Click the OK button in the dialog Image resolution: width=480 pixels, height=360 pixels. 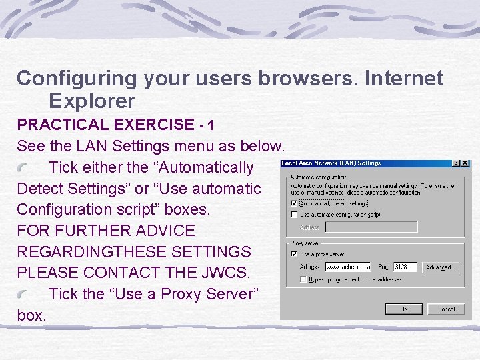[x=404, y=309]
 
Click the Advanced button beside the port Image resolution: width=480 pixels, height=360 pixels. [x=441, y=267]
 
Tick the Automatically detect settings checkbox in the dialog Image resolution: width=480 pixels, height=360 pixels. [x=294, y=203]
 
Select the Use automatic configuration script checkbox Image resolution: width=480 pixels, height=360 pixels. [x=294, y=215]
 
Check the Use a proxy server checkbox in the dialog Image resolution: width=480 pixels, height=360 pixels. [x=294, y=254]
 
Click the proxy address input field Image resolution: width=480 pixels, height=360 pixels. [x=347, y=267]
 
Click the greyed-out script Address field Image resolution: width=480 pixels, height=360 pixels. [x=371, y=227]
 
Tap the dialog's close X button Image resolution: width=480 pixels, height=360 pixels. [x=465, y=163]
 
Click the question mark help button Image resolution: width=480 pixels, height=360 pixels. [x=456, y=163]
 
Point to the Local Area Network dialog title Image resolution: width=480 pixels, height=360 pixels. [x=331, y=163]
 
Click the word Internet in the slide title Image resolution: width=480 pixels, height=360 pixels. [x=402, y=78]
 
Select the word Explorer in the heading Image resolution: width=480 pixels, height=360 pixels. [x=92, y=101]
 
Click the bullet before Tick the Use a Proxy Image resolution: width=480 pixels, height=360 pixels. [x=23, y=295]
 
